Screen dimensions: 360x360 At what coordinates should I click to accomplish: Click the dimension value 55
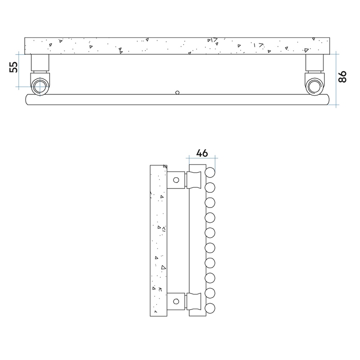tap(13, 67)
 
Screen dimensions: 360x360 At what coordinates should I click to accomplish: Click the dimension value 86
tap(343, 77)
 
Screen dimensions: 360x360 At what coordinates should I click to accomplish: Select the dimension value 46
tap(202, 153)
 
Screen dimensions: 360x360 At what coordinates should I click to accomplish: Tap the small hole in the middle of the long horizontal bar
tap(177, 92)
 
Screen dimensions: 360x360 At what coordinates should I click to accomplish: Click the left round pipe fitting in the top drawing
tap(39, 85)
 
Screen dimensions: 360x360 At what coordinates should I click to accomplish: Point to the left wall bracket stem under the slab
tap(40, 63)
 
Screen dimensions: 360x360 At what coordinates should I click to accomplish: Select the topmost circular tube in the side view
tap(210, 172)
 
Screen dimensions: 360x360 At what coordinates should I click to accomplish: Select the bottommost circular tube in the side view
tap(210, 307)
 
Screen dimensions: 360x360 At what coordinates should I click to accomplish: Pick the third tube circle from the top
tap(210, 202)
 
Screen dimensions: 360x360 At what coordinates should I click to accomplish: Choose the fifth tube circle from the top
tap(210, 233)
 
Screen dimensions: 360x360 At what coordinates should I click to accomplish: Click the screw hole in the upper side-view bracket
tap(177, 180)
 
